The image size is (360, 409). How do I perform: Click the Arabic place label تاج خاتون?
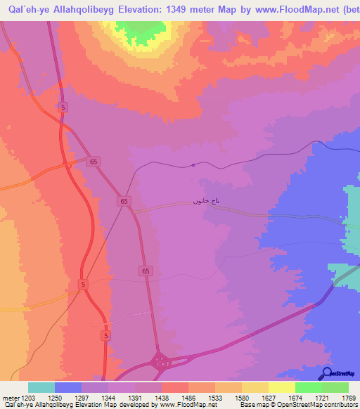[207, 200]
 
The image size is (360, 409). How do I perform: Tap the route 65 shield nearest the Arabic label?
[124, 202]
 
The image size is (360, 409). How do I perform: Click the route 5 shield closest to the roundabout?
[105, 337]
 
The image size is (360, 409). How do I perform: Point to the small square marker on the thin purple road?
[193, 166]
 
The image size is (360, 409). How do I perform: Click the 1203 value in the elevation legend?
[28, 398]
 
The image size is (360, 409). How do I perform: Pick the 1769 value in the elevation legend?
[348, 398]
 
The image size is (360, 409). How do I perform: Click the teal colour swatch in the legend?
[41, 387]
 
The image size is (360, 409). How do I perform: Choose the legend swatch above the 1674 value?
[281, 387]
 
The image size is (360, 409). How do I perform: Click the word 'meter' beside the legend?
[9, 398]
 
